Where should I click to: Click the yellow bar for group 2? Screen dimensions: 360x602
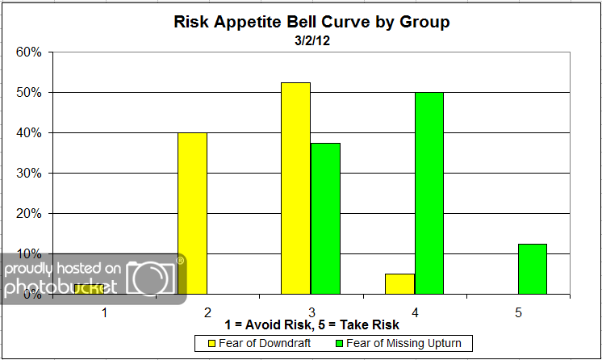192,213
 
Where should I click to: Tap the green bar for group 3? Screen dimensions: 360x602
325,218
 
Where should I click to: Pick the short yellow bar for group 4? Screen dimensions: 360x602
399,284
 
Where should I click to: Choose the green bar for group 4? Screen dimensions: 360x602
429,193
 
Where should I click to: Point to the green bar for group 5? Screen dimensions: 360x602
532,269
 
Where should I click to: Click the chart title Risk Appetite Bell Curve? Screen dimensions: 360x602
311,22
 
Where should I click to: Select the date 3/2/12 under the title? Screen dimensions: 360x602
311,40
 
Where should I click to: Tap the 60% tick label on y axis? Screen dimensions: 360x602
28,52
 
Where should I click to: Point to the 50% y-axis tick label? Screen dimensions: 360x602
28,93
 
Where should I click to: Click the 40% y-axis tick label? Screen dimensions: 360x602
28,133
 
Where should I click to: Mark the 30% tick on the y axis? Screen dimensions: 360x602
28,174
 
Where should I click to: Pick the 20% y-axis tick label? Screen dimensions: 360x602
28,214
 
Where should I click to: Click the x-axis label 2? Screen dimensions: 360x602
207,311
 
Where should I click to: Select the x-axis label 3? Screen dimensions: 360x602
311,311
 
